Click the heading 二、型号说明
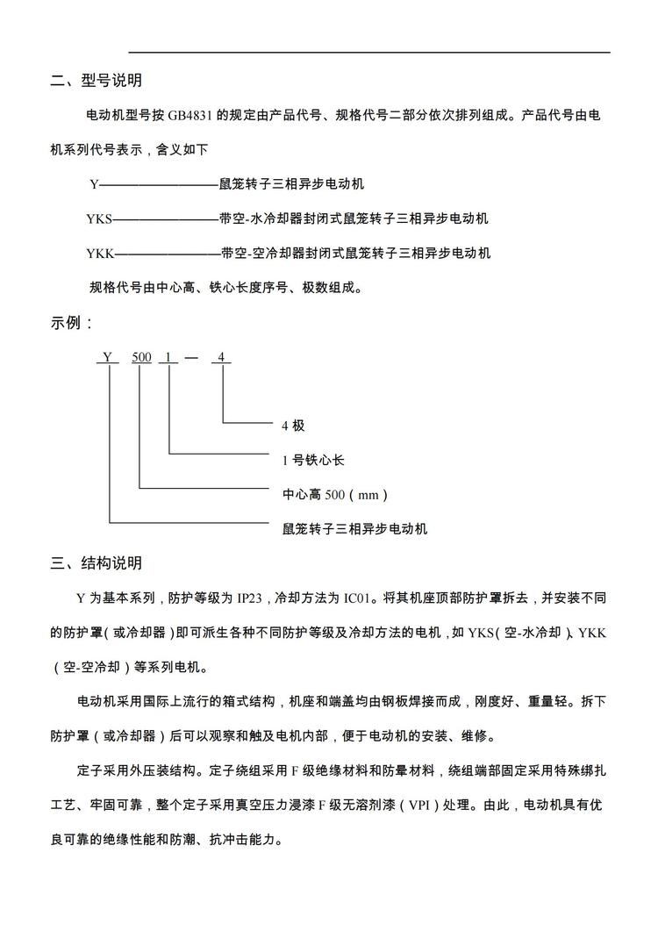(x=96, y=82)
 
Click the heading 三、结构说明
(x=96, y=563)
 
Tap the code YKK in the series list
(x=100, y=253)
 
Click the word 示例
(x=68, y=323)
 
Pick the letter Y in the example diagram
(x=107, y=357)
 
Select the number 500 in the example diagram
(x=141, y=357)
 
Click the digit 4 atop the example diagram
(x=222, y=357)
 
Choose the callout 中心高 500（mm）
(x=334, y=495)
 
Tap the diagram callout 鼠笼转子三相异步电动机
(x=354, y=529)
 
